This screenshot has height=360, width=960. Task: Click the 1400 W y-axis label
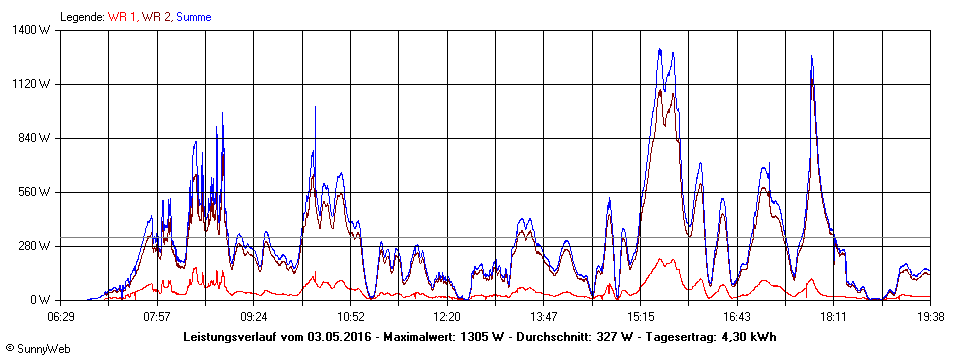[x=36, y=30]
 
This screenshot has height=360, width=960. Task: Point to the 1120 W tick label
[x=36, y=84]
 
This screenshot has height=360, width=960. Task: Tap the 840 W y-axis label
[x=38, y=138]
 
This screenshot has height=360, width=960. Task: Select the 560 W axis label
[x=38, y=192]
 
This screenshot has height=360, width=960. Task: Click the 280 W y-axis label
[x=38, y=246]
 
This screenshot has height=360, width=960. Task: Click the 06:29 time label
[x=61, y=316]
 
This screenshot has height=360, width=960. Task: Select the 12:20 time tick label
[x=447, y=316]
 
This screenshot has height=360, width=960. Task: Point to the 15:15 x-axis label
[x=640, y=316]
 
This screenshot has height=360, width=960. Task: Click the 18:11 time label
[x=834, y=316]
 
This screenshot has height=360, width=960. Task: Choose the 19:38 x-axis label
[x=930, y=316]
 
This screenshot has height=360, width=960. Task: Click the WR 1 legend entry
[x=122, y=17]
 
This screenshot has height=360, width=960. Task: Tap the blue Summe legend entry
[x=194, y=17]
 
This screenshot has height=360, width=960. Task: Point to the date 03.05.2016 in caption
[x=340, y=337]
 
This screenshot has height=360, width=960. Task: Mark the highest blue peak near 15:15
[x=660, y=49]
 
